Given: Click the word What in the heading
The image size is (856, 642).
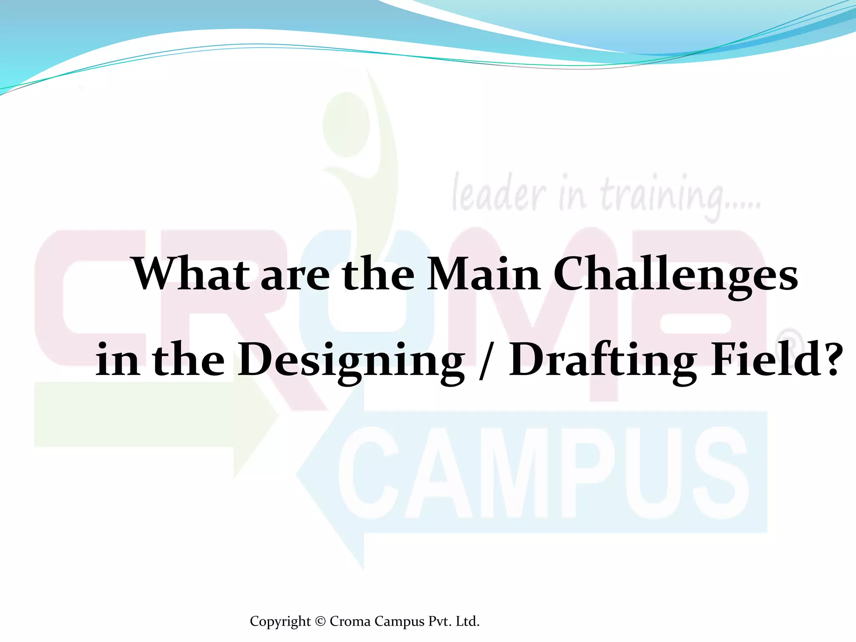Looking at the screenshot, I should point(191,274).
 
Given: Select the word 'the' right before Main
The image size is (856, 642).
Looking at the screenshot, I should point(378,274).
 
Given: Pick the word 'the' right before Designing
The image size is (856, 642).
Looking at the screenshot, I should point(188,359).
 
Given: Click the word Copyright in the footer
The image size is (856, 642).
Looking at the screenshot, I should point(280,622).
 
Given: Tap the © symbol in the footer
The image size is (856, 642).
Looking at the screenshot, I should point(320,621).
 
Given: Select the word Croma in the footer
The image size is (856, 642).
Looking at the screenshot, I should point(350,621).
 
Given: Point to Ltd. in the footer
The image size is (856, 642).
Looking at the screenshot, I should point(467,621).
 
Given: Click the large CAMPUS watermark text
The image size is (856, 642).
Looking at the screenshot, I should point(543,472).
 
